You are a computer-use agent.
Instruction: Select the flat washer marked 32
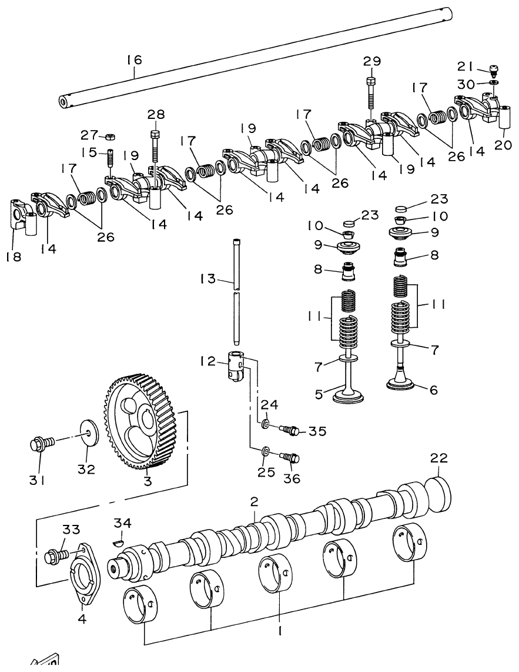tap(87, 434)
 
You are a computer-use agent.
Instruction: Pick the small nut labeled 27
tap(109, 137)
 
